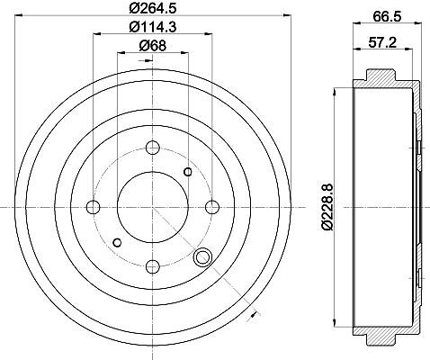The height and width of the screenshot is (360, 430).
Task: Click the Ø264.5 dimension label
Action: click(152, 8)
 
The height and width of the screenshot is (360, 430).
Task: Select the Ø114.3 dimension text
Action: click(152, 28)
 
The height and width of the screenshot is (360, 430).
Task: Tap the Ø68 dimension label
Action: click(153, 46)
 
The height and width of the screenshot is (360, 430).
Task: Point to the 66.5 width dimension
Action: click(387, 17)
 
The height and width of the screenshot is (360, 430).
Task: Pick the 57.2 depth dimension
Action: click(382, 42)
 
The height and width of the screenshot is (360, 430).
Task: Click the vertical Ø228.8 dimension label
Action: click(327, 207)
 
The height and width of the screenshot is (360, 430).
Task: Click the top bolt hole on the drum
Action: click(153, 148)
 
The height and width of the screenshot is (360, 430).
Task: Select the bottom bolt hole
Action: click(153, 266)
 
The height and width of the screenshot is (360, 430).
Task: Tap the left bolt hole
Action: click(93, 207)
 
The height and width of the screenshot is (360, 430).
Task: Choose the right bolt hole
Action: click(212, 207)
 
